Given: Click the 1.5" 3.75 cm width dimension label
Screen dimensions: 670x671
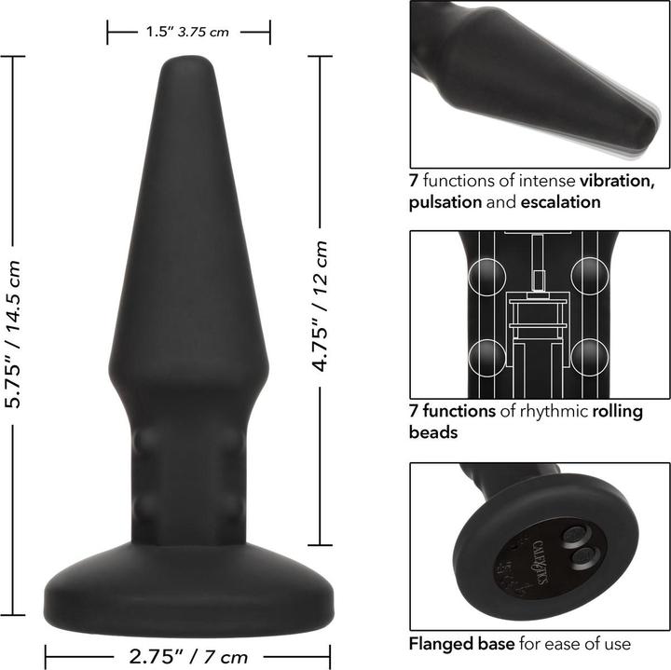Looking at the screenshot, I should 187,32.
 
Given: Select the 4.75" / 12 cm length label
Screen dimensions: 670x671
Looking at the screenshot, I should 321,307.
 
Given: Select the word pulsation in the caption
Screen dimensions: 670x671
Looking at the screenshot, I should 443,201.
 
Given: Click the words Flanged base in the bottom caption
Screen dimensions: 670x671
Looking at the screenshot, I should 448,642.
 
